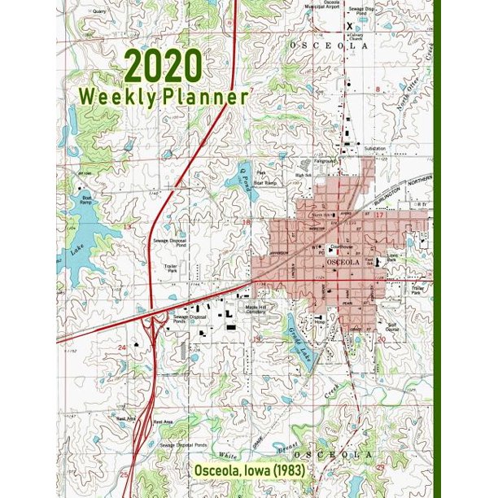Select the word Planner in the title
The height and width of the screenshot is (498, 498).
coord(205,96)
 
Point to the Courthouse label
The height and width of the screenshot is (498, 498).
coord(341,246)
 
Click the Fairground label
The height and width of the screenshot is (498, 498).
coord(327,160)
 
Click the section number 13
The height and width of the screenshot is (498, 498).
coord(126,226)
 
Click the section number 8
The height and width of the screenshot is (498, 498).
coord(378,88)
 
